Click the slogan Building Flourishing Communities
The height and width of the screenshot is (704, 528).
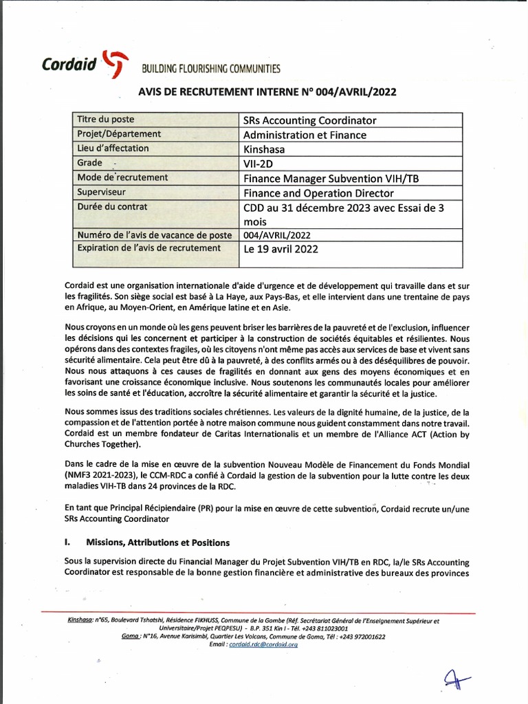tap(211, 69)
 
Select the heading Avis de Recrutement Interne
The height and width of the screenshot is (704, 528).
tap(267, 91)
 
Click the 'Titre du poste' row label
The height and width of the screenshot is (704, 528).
tap(109, 120)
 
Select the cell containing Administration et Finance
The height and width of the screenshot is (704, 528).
tap(305, 135)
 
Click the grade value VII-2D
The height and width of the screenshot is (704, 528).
tap(258, 164)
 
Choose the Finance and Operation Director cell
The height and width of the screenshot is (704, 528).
tap(319, 192)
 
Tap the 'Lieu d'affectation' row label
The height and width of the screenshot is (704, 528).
tap(113, 148)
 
